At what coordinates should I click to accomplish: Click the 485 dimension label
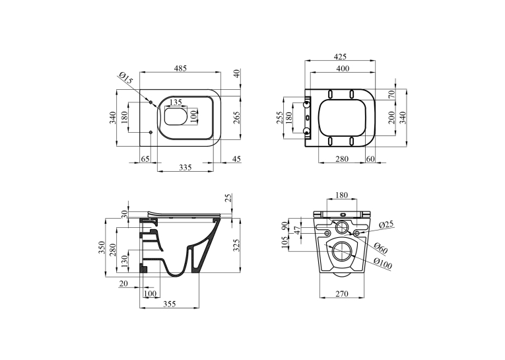180,68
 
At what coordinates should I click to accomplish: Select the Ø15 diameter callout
125,79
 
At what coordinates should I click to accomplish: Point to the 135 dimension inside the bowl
176,102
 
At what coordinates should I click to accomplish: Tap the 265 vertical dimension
237,118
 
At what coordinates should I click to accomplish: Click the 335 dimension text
185,167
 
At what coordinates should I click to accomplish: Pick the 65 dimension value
146,159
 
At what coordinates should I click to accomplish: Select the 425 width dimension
340,57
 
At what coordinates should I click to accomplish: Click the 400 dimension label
343,68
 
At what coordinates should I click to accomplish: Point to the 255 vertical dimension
279,118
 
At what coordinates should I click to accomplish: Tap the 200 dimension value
391,117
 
